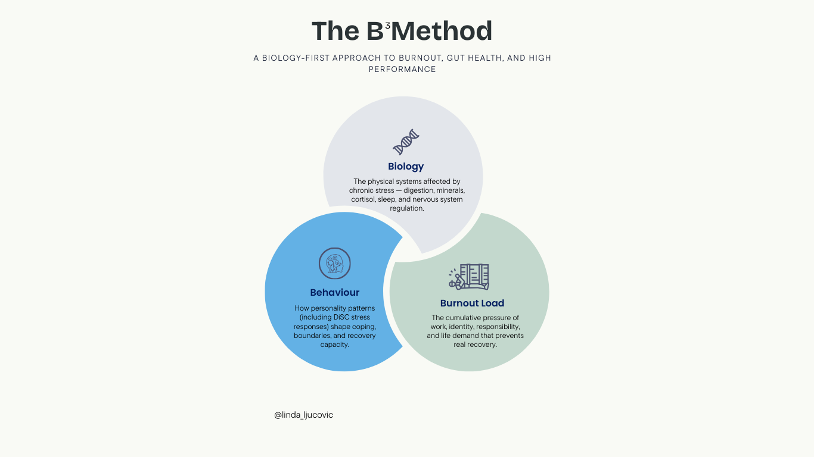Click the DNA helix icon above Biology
pos(406,142)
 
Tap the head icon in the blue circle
pos(335,264)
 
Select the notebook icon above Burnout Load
pos(469,277)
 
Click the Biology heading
pos(406,167)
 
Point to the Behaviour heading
pos(335,292)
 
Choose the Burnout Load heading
pos(472,303)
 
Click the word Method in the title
pos(442,31)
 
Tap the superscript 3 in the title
pos(388,25)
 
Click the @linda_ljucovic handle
pos(303,415)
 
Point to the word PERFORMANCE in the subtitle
pos(402,69)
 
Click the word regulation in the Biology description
pos(407,208)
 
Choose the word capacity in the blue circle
pos(334,345)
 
